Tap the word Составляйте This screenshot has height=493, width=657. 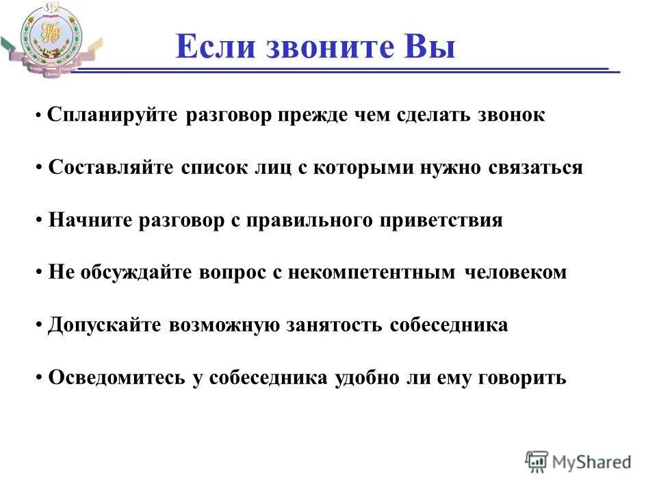point(112,168)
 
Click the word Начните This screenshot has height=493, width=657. point(91,220)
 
